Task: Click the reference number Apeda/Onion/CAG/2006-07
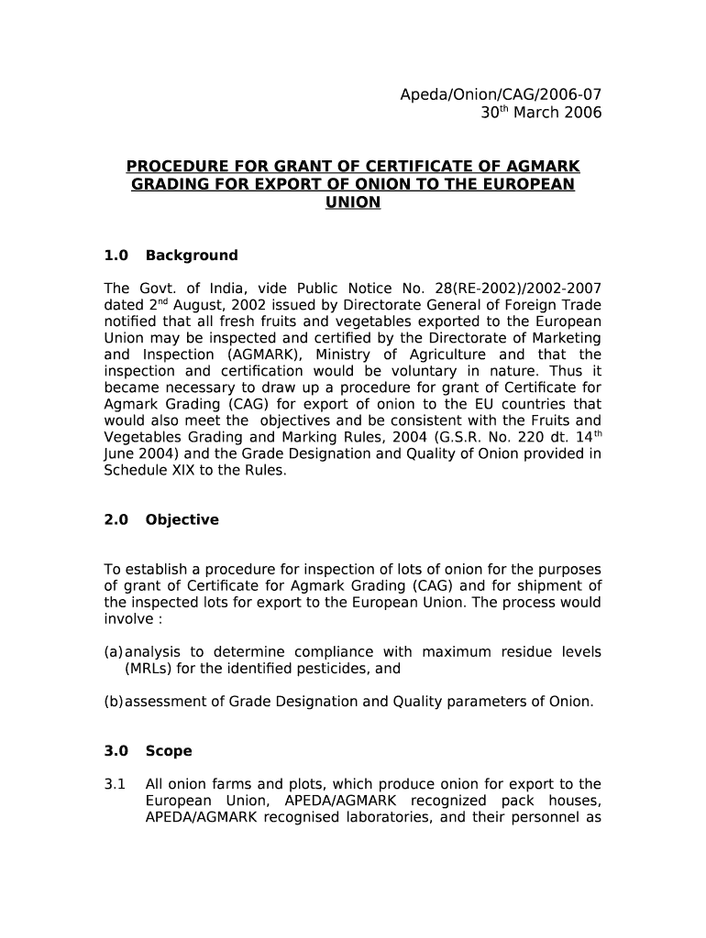pyautogui.click(x=501, y=94)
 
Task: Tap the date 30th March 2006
pyautogui.click(x=542, y=114)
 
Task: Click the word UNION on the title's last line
pyautogui.click(x=353, y=202)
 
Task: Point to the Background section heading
pyautogui.click(x=192, y=256)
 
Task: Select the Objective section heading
pyautogui.click(x=182, y=519)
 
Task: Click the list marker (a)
pyautogui.click(x=114, y=652)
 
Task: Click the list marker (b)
pyautogui.click(x=114, y=702)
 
